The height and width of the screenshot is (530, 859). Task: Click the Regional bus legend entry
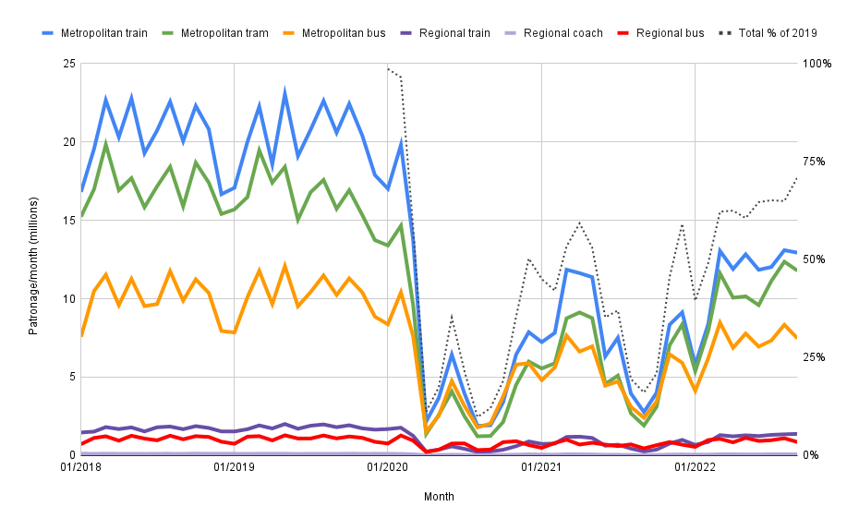coord(668,33)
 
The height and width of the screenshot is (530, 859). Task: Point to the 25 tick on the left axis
coord(69,64)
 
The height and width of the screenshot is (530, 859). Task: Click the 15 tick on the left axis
coord(69,221)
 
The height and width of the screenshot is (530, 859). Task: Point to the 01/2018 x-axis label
coord(81,468)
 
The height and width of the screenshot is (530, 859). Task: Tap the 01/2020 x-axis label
coord(388,468)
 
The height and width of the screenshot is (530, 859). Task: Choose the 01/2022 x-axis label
coord(695,468)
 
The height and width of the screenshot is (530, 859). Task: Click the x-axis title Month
coord(439,497)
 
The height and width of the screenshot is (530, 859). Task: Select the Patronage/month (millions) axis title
coord(33,259)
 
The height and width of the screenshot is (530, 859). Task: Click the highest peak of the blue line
coord(284,91)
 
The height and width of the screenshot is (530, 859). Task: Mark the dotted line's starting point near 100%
coord(388,67)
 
